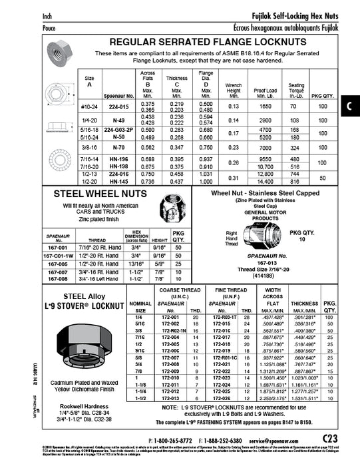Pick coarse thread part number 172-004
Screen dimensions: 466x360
[171, 338]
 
